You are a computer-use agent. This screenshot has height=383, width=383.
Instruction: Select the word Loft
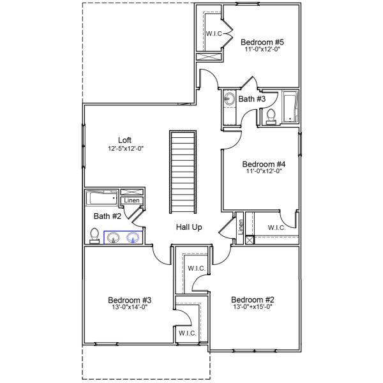(125, 140)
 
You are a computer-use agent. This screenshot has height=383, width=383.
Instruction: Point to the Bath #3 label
(252, 99)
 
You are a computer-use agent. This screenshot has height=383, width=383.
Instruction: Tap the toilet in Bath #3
(270, 117)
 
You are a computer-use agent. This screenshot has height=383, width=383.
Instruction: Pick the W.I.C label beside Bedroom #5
(213, 33)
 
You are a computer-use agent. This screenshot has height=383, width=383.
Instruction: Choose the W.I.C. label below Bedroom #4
(276, 227)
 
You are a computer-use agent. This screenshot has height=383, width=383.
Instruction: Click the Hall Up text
(190, 227)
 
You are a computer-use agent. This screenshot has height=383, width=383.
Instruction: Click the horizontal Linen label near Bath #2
(131, 200)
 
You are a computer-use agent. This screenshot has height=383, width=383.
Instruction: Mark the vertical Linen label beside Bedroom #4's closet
(241, 227)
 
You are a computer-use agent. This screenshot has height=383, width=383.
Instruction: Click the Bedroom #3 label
(129, 300)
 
